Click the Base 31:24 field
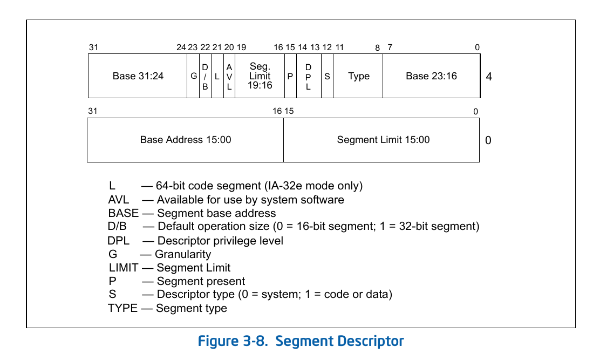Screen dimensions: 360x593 138,76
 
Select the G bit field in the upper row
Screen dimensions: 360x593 194,76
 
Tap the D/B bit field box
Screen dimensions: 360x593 205,76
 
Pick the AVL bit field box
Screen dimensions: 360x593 229,76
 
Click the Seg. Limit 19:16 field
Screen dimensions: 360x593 260,76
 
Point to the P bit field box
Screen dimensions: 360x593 290,76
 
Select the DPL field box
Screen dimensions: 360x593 309,76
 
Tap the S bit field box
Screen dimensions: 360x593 327,76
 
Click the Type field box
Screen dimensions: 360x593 358,76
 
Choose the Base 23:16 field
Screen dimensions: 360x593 431,76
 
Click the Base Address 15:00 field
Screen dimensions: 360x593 185,140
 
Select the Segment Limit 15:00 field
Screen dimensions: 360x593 383,140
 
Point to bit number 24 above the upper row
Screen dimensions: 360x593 181,47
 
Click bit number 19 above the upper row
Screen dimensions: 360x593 241,47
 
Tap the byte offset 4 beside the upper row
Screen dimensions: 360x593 489,77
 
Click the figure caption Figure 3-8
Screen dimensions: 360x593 301,341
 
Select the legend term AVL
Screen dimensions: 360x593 119,200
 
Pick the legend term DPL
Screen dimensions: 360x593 119,240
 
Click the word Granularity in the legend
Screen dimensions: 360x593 183,254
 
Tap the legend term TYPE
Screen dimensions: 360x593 122,308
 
